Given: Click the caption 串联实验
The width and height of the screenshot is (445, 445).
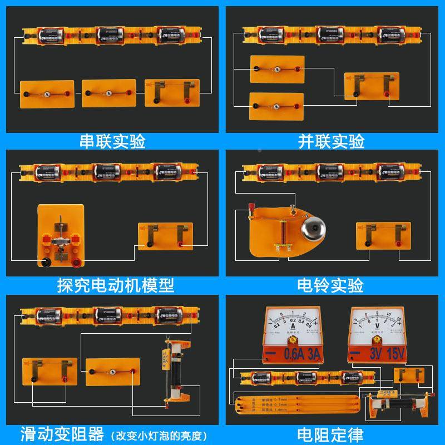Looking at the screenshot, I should (113, 142).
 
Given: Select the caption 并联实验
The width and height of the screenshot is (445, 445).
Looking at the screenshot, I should (332, 142).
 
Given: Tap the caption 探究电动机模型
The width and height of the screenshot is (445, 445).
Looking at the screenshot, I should (116, 285).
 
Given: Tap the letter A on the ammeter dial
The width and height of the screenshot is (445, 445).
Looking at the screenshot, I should (291, 328).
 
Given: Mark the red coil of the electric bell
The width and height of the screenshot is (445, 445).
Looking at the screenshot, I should (284, 231).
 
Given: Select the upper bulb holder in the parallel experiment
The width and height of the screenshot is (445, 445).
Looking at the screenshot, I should (276, 70).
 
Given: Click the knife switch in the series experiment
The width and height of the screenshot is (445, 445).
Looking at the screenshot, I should (171, 92).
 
